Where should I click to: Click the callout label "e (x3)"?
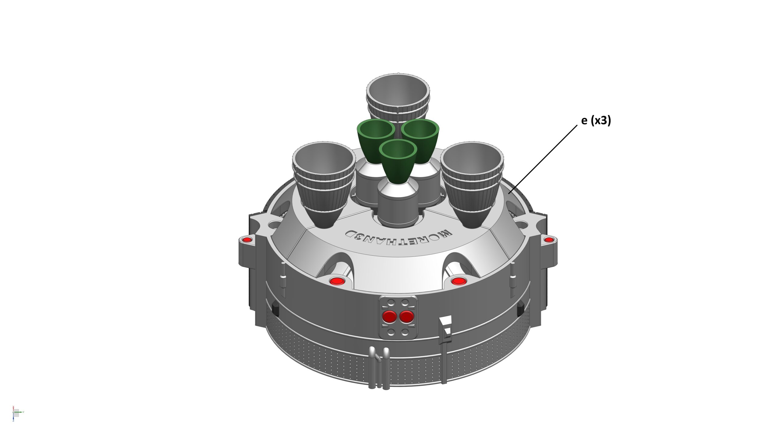coord(596,121)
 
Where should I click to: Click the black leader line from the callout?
coord(543,159)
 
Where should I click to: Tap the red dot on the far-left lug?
coord(247,240)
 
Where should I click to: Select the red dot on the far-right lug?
coord(549,240)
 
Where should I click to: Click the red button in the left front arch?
coord(336,281)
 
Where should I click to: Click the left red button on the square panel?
coord(390,317)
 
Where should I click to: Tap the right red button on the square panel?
coord(406,317)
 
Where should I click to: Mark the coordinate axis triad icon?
coord(17,413)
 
